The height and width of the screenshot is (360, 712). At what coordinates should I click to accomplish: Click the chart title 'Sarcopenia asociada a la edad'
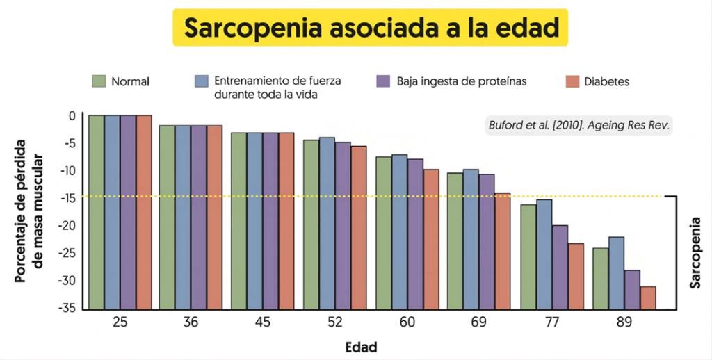pyautogui.click(x=371, y=28)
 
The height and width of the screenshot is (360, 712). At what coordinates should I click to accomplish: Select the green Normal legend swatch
pyautogui.click(x=99, y=81)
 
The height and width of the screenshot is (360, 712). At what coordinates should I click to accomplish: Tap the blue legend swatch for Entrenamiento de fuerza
pyautogui.click(x=201, y=81)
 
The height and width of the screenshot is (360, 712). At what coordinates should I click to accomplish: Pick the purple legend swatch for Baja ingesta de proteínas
pyautogui.click(x=384, y=81)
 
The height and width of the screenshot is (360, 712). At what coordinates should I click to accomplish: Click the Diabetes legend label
pyautogui.click(x=606, y=82)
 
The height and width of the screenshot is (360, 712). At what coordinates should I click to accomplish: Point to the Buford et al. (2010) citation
pyautogui.click(x=579, y=125)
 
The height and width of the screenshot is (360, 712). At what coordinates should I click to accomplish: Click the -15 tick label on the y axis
pyautogui.click(x=67, y=198)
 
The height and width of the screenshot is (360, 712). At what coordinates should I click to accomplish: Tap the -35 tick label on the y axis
pyautogui.click(x=67, y=309)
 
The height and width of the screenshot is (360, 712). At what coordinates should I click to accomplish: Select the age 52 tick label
pyautogui.click(x=334, y=322)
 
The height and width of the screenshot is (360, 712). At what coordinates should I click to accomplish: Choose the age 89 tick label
pyautogui.click(x=624, y=322)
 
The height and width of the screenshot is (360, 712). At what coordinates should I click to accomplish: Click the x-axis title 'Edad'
pyautogui.click(x=361, y=347)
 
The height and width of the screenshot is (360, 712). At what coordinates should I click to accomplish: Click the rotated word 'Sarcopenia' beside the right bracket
pyautogui.click(x=695, y=253)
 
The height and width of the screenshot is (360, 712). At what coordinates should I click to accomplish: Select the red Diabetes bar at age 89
pyautogui.click(x=648, y=298)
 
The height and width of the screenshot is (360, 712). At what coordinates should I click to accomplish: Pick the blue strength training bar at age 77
pyautogui.click(x=544, y=254)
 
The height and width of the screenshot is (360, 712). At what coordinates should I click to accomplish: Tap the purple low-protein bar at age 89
pyautogui.click(x=632, y=290)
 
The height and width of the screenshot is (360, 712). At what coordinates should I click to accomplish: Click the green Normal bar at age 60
pyautogui.click(x=384, y=233)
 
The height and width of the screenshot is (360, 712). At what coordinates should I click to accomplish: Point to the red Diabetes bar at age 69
pyautogui.click(x=503, y=251)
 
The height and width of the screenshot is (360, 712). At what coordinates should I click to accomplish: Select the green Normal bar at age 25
pyautogui.click(x=97, y=213)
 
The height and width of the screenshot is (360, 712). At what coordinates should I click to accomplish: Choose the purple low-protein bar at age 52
pyautogui.click(x=343, y=226)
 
